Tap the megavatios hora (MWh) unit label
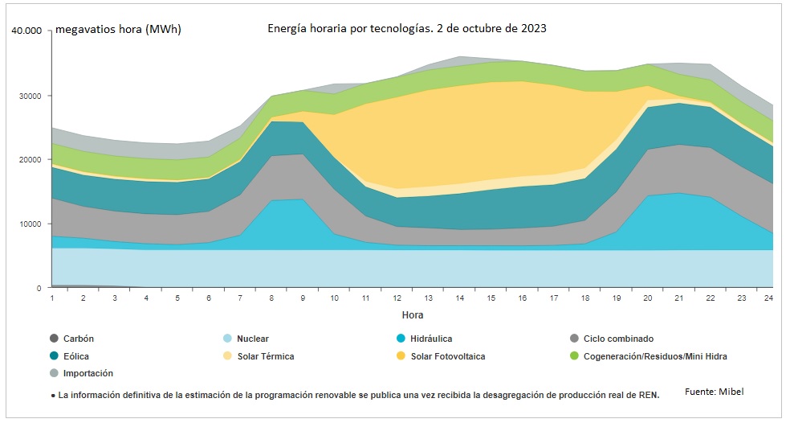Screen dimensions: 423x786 tap(117, 30)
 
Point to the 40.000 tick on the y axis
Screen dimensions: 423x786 tap(26, 31)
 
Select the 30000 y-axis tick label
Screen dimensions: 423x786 tap(31, 96)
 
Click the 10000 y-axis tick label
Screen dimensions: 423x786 tap(31, 224)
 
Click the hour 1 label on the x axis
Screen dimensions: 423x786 tap(52, 298)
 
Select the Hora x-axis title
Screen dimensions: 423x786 tap(412, 315)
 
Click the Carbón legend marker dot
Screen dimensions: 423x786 tap(54, 339)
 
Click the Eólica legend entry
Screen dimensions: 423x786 tap(75, 355)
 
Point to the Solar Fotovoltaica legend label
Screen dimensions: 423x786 tap(448, 355)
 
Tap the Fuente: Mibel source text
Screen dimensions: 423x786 tap(714, 392)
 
